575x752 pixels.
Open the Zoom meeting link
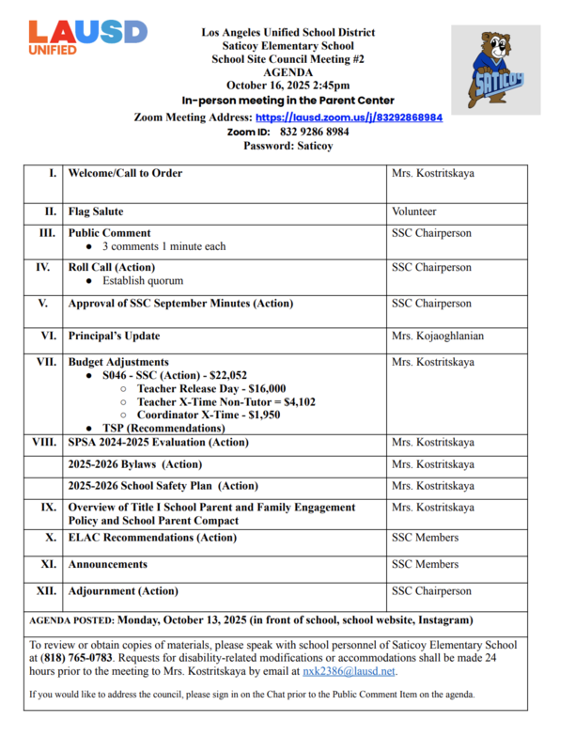point(349,118)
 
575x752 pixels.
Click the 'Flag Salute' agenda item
point(96,212)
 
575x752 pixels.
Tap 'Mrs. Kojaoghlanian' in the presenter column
point(438,336)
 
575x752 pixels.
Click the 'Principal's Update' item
point(114,336)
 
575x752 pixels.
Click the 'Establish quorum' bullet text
point(143,281)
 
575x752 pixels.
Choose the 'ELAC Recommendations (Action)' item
point(152,538)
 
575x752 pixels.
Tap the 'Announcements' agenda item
point(108,565)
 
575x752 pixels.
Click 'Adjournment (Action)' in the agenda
point(123,591)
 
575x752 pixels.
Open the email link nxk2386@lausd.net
point(350,671)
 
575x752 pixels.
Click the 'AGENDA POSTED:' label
point(72,620)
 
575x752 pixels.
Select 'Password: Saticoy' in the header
point(287,146)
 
